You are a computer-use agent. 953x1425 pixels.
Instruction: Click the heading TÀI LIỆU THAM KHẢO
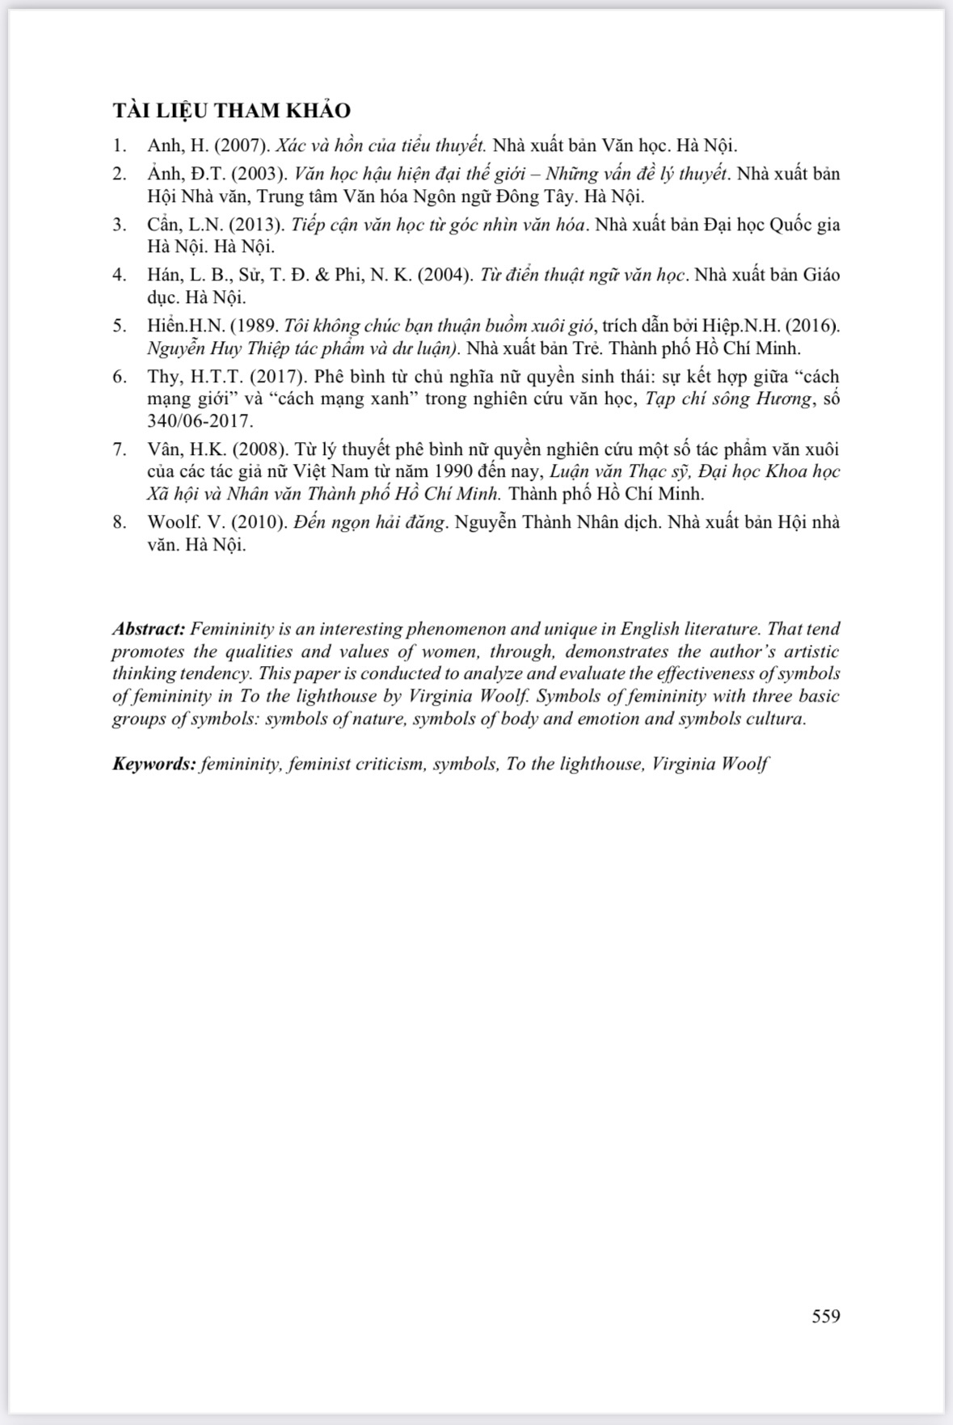(x=231, y=111)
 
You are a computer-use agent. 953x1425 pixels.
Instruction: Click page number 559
(x=826, y=1316)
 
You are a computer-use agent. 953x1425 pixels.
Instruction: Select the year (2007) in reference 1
(x=242, y=146)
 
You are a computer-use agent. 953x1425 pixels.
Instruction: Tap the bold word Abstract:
(x=149, y=629)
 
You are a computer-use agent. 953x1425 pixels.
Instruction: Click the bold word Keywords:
(x=154, y=764)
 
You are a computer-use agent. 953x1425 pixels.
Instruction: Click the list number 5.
(x=120, y=326)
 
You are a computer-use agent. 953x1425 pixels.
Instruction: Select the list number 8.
(x=120, y=522)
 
